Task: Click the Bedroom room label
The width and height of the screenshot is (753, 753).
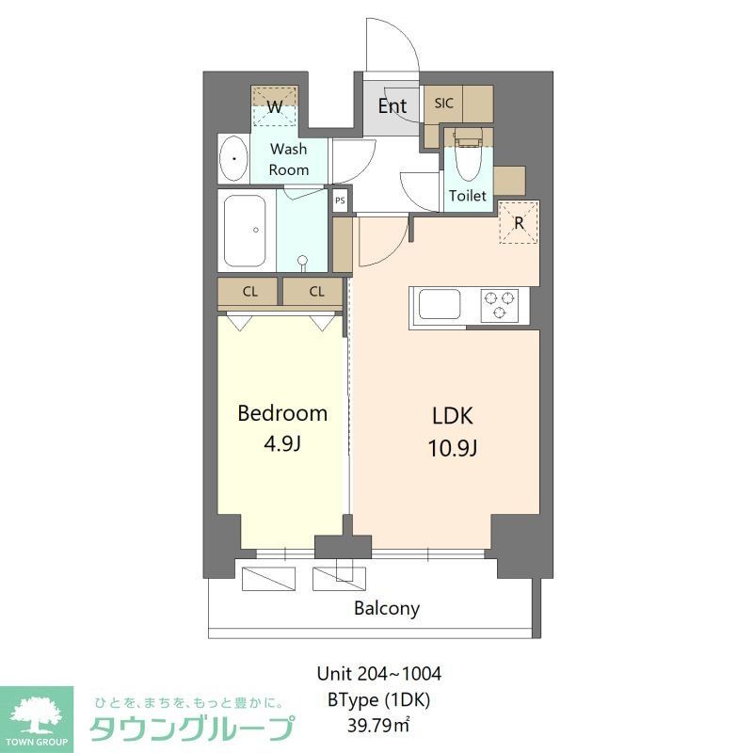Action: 282,412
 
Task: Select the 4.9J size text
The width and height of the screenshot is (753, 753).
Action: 282,443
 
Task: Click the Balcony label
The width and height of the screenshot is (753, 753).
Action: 387,608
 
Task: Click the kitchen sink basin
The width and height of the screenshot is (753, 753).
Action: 440,305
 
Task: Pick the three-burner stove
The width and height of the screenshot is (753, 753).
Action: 500,305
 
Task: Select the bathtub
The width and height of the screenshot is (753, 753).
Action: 246,230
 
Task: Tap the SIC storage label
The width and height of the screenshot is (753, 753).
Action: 443,103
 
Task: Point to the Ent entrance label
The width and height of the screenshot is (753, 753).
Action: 393,105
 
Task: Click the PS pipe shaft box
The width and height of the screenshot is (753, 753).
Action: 340,200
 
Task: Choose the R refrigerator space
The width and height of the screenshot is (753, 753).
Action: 519,223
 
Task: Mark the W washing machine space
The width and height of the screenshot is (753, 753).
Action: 275,106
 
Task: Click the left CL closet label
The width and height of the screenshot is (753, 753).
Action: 249,292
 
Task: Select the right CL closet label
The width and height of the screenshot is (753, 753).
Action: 316,292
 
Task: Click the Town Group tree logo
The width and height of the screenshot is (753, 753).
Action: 36,713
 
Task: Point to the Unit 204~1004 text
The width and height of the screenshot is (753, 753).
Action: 379,674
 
